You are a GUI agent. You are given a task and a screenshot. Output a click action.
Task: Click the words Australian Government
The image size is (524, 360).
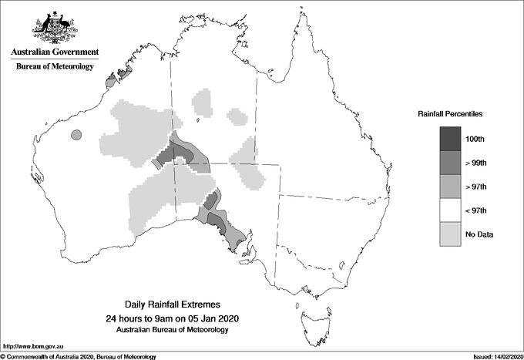[x=55, y=52]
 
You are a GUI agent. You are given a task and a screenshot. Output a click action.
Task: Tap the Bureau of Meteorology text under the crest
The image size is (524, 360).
[x=55, y=67]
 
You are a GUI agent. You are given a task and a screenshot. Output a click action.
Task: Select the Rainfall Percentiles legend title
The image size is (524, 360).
[x=450, y=113]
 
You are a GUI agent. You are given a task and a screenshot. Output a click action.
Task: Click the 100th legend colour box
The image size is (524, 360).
[x=451, y=138]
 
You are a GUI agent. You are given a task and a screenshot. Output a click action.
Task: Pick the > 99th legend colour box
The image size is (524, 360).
[x=451, y=162]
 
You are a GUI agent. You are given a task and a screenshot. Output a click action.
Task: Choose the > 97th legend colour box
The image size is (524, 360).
[x=451, y=186]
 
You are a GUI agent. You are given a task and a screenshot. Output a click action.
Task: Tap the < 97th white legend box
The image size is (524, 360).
[x=451, y=210]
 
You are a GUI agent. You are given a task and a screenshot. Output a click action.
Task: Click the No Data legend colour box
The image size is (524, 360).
[x=451, y=234]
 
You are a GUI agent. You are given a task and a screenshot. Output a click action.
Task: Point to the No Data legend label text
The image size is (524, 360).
[x=479, y=234]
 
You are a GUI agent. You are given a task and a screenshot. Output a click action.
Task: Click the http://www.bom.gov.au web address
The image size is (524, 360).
[x=32, y=348]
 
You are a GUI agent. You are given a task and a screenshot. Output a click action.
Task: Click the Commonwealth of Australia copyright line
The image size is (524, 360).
[x=79, y=356]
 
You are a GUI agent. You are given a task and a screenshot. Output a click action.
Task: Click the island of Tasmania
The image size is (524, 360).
[x=307, y=315]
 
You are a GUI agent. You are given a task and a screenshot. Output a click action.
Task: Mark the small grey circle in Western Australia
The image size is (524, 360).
[x=76, y=135]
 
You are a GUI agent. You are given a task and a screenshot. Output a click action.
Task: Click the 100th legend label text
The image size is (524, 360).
[x=475, y=139]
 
